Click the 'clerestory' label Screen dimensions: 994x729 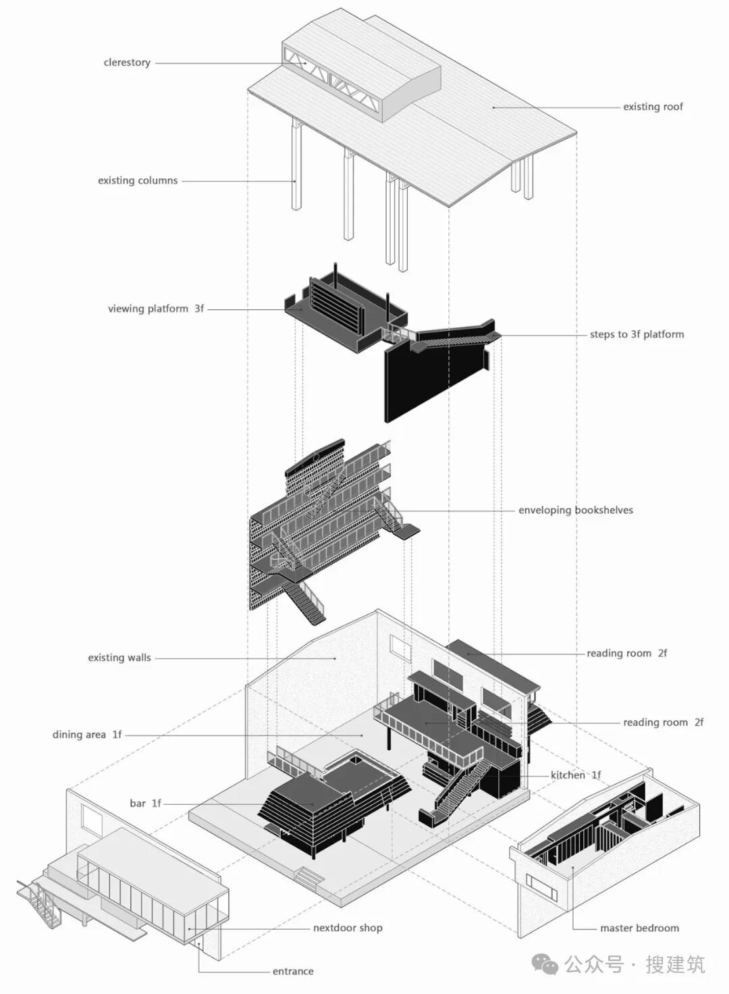(x=127, y=63)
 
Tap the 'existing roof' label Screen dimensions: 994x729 (x=653, y=107)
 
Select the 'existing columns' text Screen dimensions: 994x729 (x=138, y=181)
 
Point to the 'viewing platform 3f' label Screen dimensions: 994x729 (x=156, y=309)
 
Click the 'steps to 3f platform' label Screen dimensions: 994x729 (x=637, y=334)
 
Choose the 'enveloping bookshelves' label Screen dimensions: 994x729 (x=576, y=510)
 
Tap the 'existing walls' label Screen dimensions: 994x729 (x=119, y=658)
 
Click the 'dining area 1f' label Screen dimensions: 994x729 (x=87, y=735)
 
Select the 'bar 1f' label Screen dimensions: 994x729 (x=145, y=804)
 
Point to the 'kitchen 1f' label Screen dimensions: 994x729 (x=576, y=775)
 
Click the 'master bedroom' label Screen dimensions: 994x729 (x=639, y=928)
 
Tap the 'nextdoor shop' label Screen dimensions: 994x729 (x=348, y=928)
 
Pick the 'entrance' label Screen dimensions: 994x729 (x=293, y=972)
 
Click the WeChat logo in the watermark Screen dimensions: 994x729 (x=545, y=964)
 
